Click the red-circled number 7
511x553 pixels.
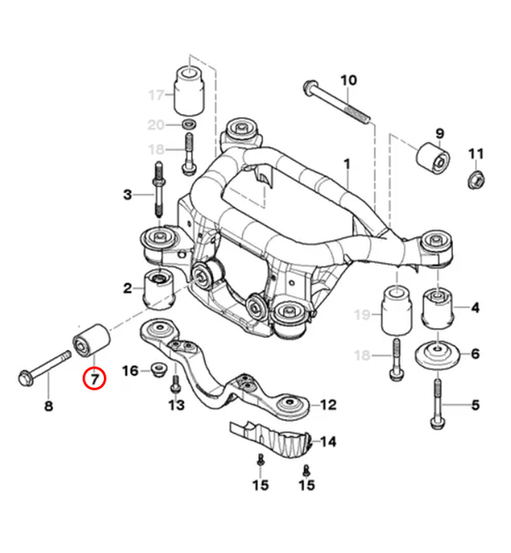click(x=93, y=379)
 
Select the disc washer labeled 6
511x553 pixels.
click(x=436, y=355)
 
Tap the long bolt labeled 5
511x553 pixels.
click(x=437, y=405)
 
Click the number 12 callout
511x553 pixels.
click(x=328, y=406)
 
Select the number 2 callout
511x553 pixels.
click(x=128, y=288)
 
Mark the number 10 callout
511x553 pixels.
click(x=348, y=80)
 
